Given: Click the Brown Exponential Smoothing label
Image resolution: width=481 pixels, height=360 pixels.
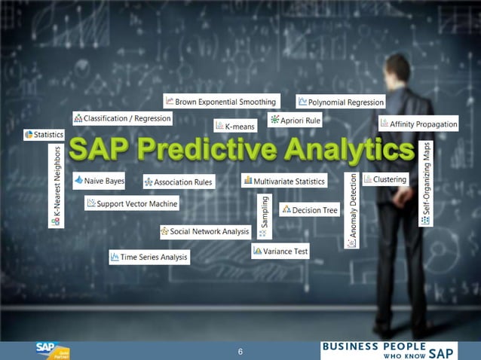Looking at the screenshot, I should click(x=221, y=101).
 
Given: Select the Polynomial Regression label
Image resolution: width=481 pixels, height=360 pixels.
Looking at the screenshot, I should click(x=341, y=101).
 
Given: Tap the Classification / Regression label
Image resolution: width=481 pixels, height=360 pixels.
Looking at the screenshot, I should click(x=122, y=118).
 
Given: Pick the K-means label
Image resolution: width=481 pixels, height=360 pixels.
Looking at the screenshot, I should click(x=236, y=125).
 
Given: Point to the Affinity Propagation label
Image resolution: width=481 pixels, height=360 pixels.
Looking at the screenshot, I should click(x=418, y=123).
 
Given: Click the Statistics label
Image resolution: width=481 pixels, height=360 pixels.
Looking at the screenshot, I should click(x=44, y=134).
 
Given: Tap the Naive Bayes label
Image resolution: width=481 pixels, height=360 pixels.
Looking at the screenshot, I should click(x=100, y=181).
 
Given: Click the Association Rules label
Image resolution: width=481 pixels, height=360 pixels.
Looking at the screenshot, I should click(x=179, y=182).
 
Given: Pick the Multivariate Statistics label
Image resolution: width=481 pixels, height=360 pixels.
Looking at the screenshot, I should click(x=284, y=181).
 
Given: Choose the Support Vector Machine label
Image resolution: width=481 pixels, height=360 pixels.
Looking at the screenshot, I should click(x=132, y=203).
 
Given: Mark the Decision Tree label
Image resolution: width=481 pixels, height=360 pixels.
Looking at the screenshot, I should click(x=310, y=210).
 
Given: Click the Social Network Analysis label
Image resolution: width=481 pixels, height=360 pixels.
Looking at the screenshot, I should click(x=204, y=231).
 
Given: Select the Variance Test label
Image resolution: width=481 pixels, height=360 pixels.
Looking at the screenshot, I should click(x=280, y=251).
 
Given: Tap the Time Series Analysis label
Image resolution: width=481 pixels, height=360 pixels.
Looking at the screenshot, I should click(x=149, y=257).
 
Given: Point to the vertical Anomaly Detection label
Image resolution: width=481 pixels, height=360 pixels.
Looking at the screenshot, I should click(x=352, y=210).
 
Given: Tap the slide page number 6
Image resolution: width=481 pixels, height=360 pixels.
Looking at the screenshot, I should click(x=240, y=352).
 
